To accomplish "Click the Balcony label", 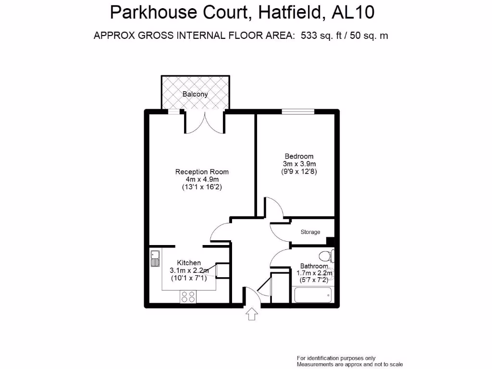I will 195,94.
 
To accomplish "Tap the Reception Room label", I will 202,172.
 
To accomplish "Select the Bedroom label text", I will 299,156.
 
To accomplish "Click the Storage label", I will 310,232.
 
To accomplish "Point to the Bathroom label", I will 314,266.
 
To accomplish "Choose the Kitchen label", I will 189,263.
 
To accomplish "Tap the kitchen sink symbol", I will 155,258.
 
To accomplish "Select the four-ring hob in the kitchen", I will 188,297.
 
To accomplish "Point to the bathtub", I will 313,295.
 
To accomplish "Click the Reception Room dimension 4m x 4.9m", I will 202,180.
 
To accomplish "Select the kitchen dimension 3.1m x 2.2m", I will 189,271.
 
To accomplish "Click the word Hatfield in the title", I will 289,12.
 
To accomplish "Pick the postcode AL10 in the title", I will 353,12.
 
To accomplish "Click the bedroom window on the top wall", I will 298,112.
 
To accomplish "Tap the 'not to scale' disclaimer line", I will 349,365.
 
